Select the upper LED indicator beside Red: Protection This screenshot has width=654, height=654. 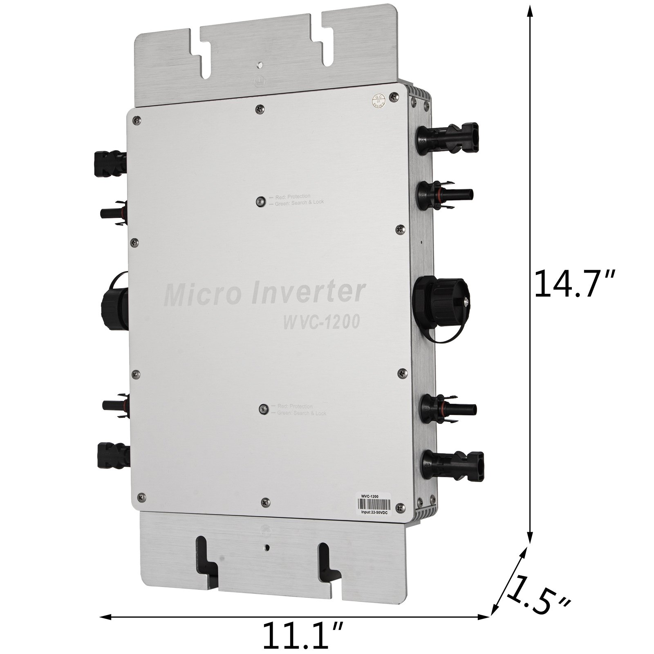point(259,201)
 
